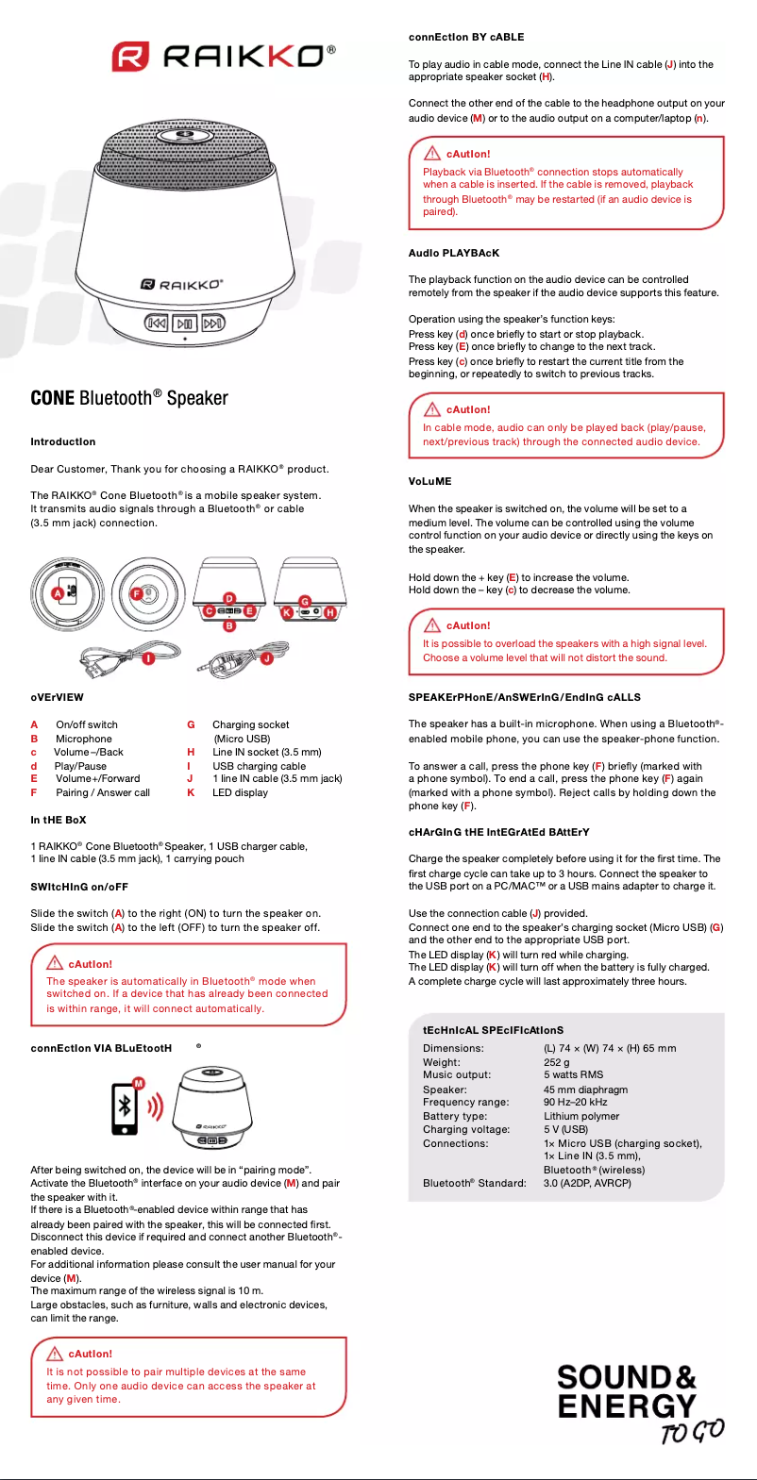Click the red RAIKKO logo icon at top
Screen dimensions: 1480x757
click(x=130, y=57)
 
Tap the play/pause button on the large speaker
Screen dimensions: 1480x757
click(x=185, y=324)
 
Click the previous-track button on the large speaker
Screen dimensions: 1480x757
click(x=157, y=324)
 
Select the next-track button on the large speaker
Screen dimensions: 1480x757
click(x=213, y=324)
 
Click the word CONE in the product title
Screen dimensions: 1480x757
click(x=53, y=398)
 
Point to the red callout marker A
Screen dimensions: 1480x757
click(x=58, y=592)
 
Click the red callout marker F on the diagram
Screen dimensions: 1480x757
click(x=136, y=593)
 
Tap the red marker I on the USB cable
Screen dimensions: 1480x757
click(x=148, y=658)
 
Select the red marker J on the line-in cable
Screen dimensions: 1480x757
click(x=267, y=657)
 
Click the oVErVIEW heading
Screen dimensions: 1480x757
click(x=57, y=698)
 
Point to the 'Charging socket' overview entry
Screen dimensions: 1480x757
click(x=250, y=724)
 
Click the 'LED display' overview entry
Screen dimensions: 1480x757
click(x=240, y=792)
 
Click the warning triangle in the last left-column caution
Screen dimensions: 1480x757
click(x=55, y=1354)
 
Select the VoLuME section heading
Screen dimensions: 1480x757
click(x=429, y=481)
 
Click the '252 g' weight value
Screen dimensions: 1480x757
click(x=557, y=1062)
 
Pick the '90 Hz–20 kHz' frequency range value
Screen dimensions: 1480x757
click(x=575, y=1102)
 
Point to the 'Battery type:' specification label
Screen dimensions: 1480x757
click(x=455, y=1116)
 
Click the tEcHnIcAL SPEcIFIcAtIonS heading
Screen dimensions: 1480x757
click(x=493, y=1030)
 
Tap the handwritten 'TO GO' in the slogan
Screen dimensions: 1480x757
click(x=692, y=1432)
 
